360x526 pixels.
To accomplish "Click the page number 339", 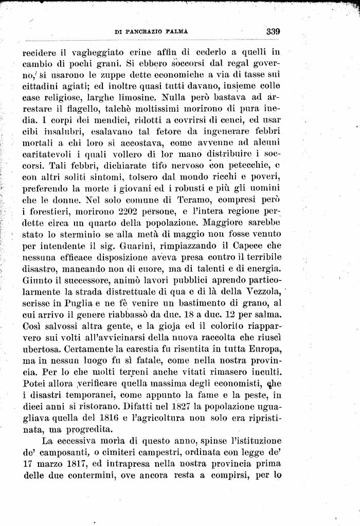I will tap(273, 31).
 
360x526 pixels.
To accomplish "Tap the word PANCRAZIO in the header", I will tap(141, 32).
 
